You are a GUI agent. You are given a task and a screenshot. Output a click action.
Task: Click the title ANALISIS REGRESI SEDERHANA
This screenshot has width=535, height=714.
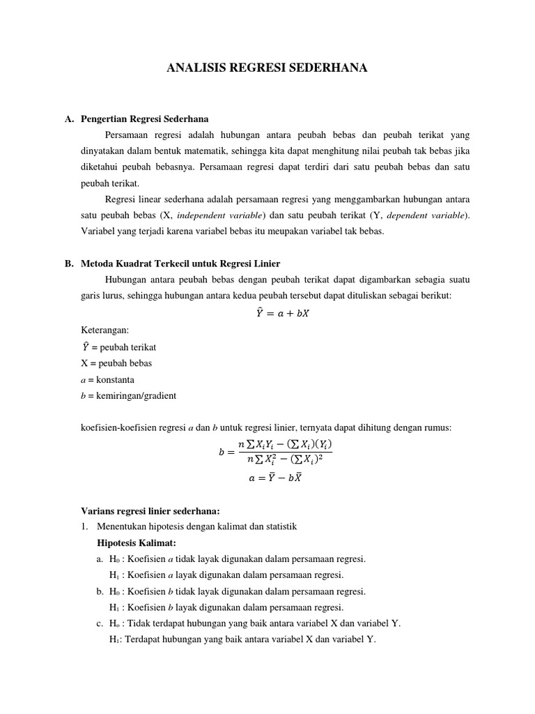(267, 68)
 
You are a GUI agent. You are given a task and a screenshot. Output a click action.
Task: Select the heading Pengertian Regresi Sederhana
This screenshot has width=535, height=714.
(144, 119)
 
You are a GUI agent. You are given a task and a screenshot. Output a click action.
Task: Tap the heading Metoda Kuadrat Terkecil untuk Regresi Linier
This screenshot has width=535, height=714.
(180, 264)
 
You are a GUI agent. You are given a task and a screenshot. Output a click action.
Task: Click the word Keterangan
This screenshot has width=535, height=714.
(104, 330)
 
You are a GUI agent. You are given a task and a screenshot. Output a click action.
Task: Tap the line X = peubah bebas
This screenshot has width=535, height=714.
(116, 363)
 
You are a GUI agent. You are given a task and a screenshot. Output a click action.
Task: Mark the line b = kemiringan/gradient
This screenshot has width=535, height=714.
(129, 396)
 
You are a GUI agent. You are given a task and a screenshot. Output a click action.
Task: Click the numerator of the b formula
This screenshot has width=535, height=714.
(286, 444)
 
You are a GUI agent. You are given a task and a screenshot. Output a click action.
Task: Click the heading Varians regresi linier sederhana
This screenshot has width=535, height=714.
(150, 511)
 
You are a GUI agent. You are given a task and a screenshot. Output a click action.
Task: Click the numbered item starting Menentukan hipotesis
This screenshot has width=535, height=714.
(197, 526)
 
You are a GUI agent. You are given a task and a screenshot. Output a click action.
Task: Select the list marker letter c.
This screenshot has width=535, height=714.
(100, 623)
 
